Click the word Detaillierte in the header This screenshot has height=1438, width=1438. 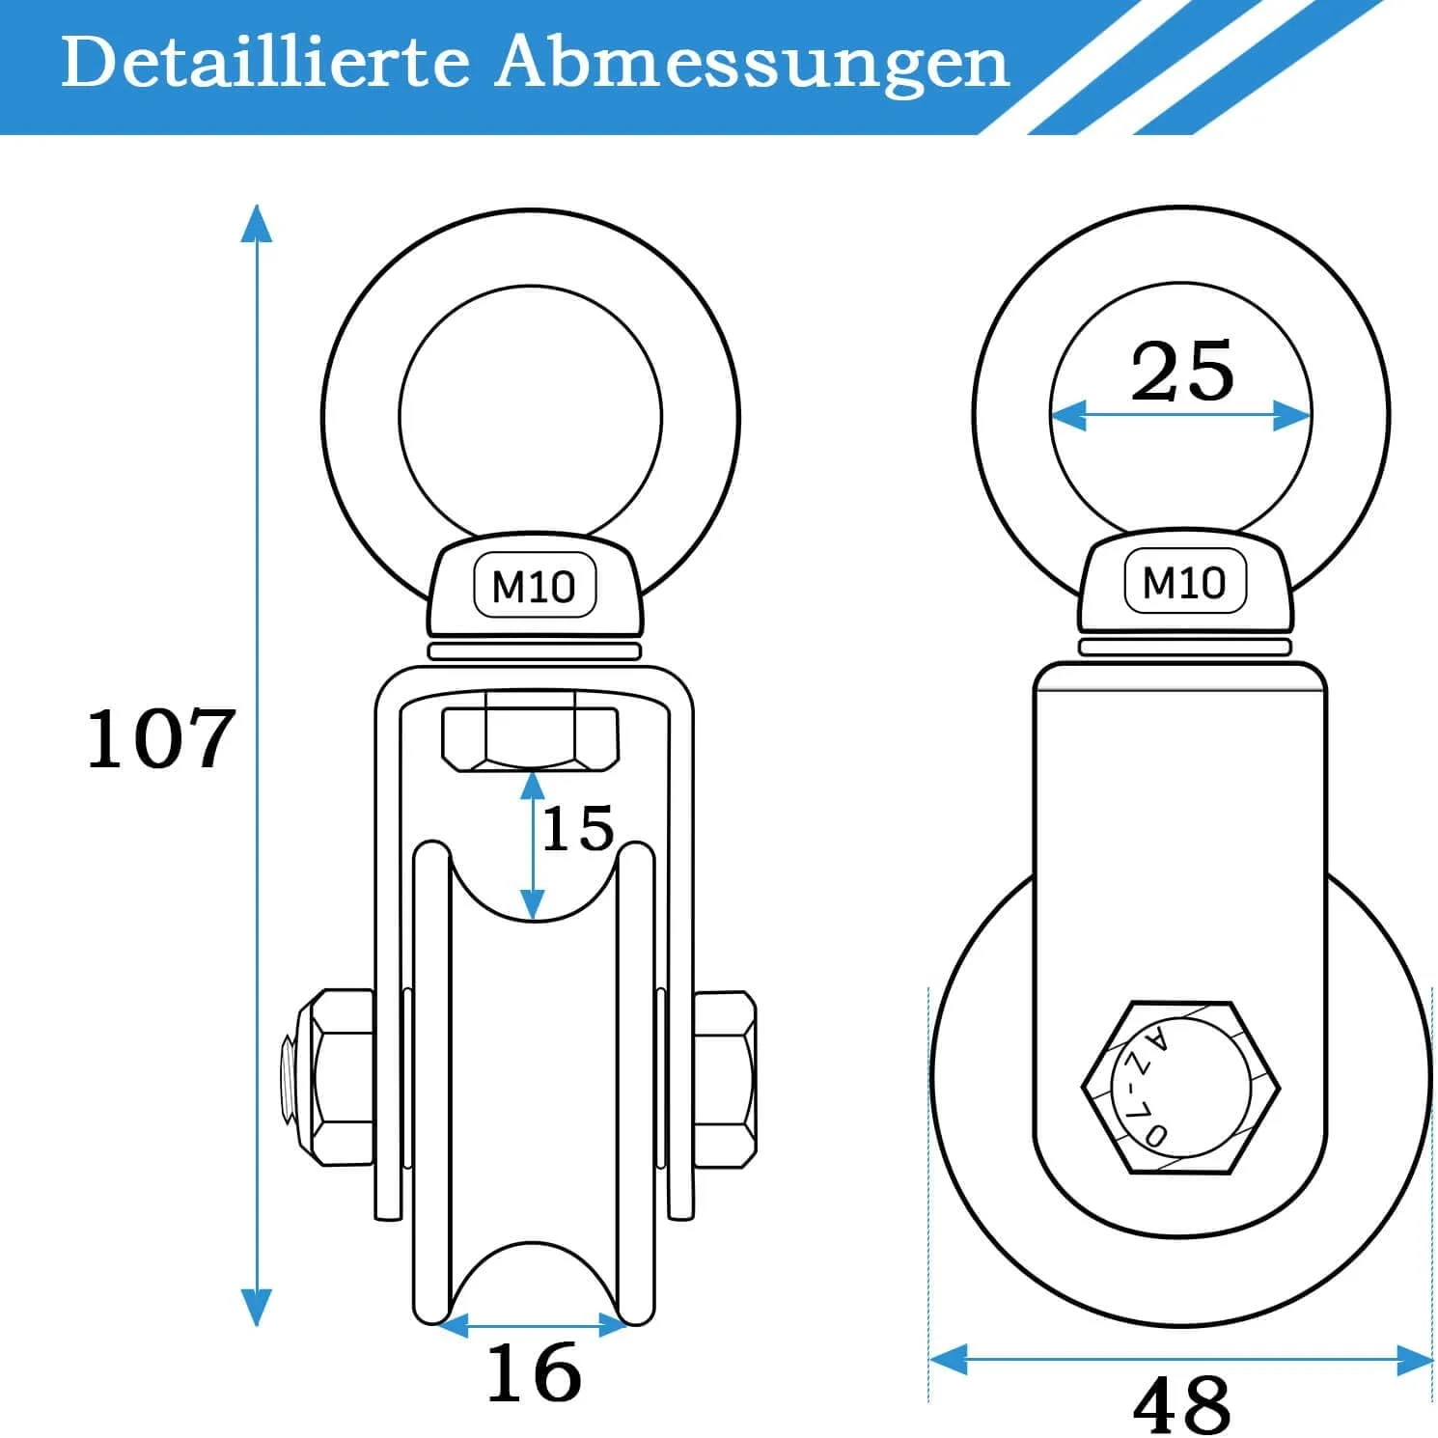(265, 63)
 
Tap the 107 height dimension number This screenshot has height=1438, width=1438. (160, 738)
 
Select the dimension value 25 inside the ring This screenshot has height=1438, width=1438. (1181, 371)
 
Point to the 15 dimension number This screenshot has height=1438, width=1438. (578, 828)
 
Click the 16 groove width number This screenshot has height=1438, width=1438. (534, 1371)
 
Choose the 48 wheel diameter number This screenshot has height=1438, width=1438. (1181, 1404)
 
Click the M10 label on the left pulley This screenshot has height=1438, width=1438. (534, 587)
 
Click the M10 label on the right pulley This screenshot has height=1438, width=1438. (1184, 583)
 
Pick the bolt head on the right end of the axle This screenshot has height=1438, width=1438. (724, 1077)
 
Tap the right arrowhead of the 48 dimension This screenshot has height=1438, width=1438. (1414, 1360)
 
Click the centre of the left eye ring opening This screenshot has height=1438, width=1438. (531, 416)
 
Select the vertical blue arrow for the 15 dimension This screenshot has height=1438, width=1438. (531, 845)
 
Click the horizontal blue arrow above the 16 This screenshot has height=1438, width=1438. (533, 1326)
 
